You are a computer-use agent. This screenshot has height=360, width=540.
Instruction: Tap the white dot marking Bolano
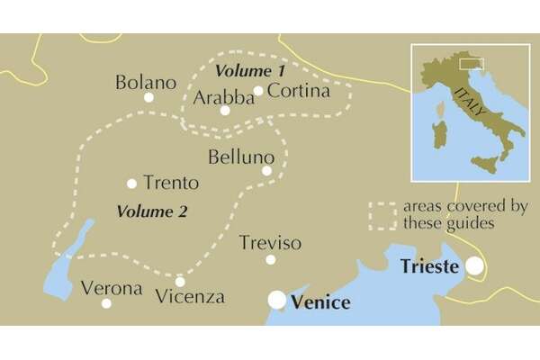point(149,97)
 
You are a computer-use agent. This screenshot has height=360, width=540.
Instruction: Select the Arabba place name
point(223,95)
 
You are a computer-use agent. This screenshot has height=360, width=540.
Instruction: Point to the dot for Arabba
point(225,111)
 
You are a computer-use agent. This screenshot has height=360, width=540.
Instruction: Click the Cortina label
point(299,91)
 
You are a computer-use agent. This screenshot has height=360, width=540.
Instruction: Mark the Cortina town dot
point(257,90)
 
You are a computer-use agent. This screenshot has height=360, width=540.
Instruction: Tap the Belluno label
point(239,157)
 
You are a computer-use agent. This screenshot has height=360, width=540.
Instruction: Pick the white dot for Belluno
point(266,170)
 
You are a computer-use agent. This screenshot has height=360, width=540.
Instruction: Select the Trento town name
point(171,183)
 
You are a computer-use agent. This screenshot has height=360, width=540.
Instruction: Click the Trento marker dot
point(132,184)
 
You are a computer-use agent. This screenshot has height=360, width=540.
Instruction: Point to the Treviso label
point(271,244)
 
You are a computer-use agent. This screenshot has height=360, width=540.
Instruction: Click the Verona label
point(112,289)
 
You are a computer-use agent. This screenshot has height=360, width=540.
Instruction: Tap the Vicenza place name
point(190,296)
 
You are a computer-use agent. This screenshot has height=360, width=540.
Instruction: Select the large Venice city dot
point(278,300)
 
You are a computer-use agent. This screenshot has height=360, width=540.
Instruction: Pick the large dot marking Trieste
point(472,266)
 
